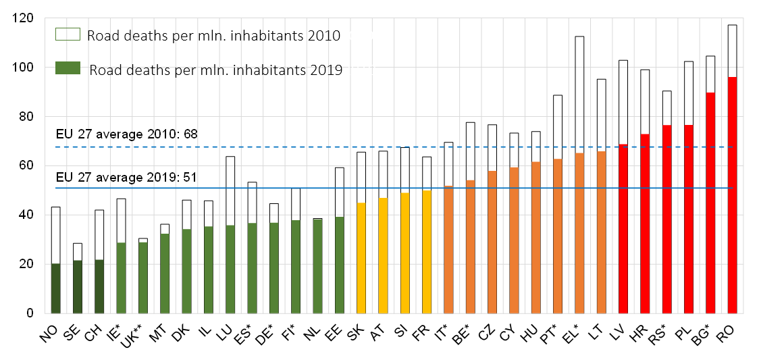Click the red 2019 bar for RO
click(x=733, y=195)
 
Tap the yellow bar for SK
click(x=361, y=258)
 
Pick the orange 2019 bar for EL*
click(x=579, y=234)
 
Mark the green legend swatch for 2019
click(x=68, y=68)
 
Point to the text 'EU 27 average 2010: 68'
click(x=127, y=134)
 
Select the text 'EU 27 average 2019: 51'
click(x=126, y=177)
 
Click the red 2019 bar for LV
click(x=623, y=228)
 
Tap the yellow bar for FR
click(x=427, y=252)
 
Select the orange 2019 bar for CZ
click(x=492, y=242)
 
